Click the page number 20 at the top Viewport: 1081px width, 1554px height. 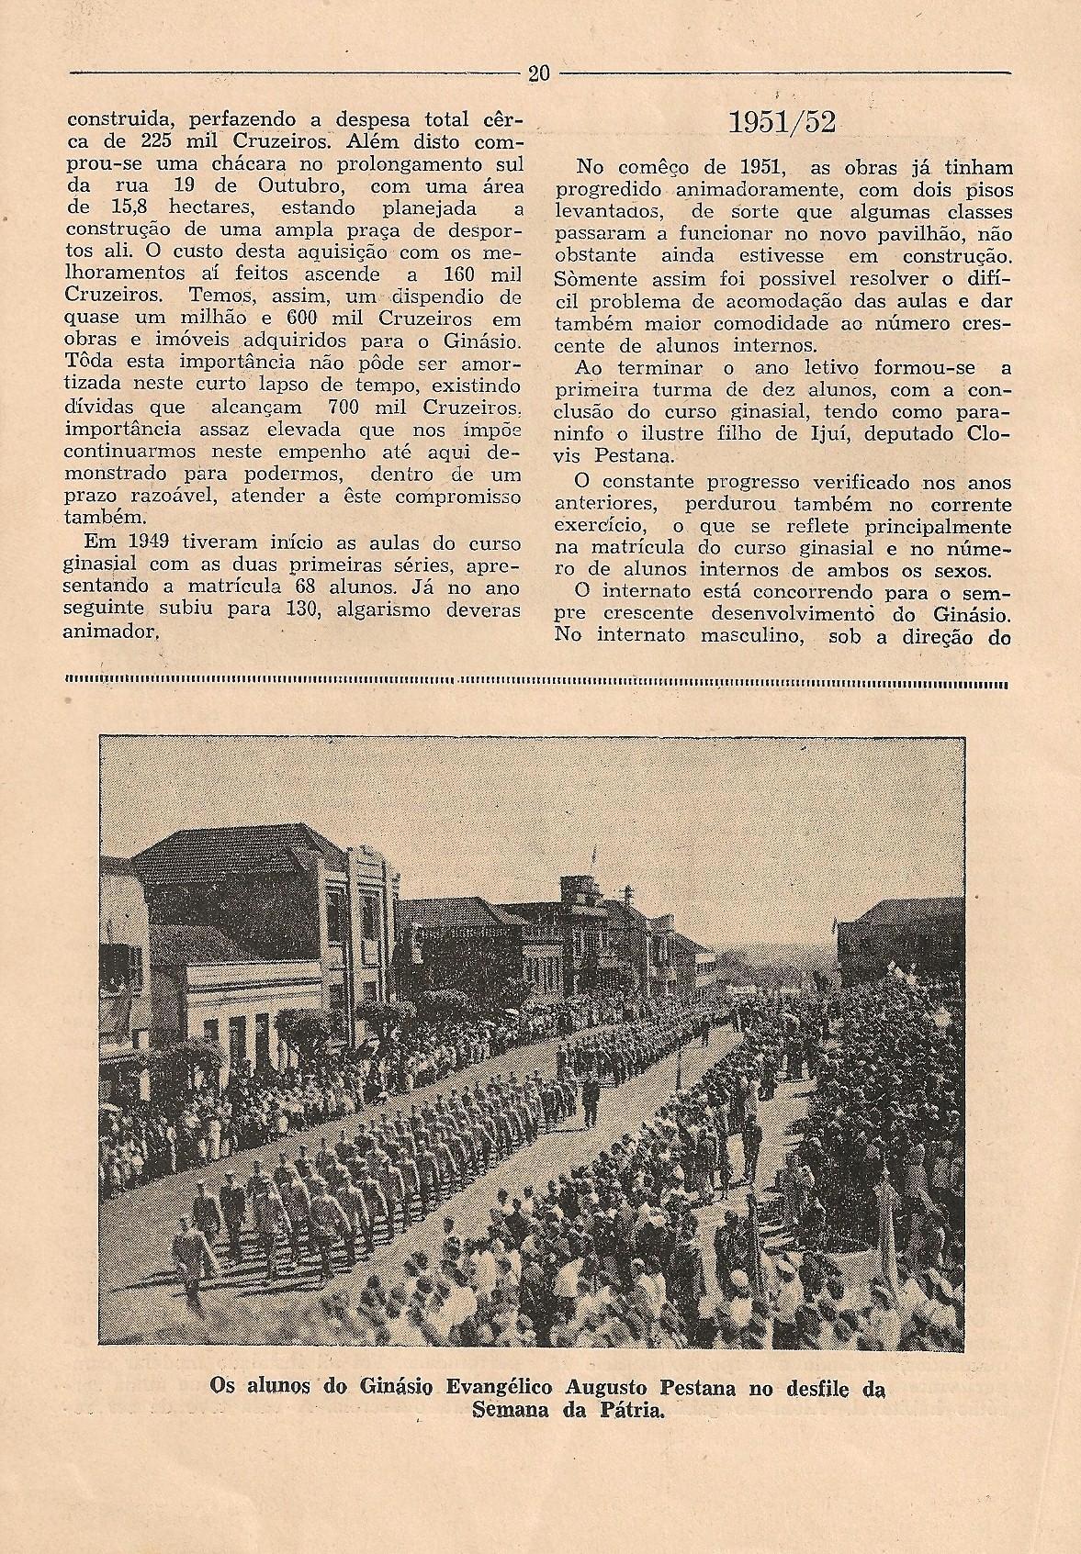[539, 73]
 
